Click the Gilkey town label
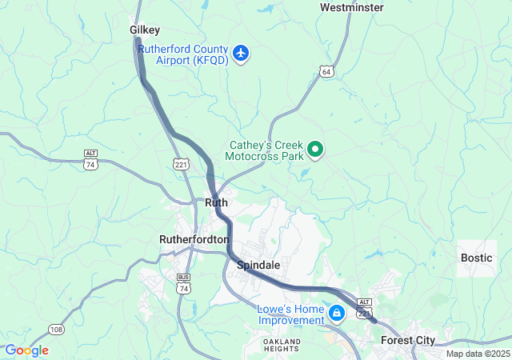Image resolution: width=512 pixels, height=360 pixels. pos(145,30)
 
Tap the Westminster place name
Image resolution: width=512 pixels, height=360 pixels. pos(351,7)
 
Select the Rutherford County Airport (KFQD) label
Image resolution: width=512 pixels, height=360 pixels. pos(183,54)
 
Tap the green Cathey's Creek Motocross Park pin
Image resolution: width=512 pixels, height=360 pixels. pos(315,148)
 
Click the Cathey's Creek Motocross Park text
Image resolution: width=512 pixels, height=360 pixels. pos(266,151)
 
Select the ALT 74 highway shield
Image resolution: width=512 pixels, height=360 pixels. pos(90,158)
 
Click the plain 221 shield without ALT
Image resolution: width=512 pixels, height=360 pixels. pos(181,163)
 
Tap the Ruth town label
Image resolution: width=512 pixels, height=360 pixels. pos(217,202)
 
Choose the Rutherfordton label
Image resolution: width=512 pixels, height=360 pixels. pos(194,239)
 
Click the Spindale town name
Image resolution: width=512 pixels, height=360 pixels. pos(258,264)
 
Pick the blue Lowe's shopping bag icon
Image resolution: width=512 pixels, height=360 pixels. pos(338,310)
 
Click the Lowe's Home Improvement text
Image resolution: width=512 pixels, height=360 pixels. pos(290,315)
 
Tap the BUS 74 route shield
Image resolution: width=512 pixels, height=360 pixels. pos(184,286)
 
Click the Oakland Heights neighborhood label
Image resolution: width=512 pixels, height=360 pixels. pos(282,346)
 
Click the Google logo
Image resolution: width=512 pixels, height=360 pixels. pos(26,350)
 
